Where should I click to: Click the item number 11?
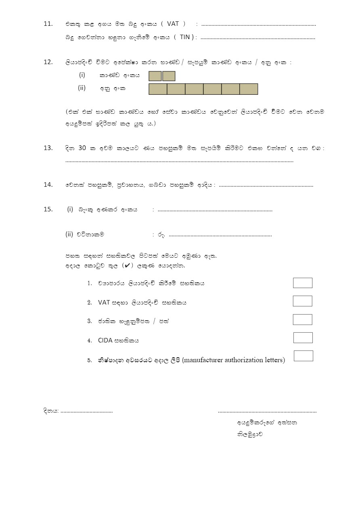click(x=48, y=24)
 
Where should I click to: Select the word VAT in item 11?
click(x=172, y=24)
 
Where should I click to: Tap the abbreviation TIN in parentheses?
click(x=184, y=37)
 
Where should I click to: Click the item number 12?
click(x=48, y=62)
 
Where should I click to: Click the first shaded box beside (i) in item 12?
click(x=155, y=76)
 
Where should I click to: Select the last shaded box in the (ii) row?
click(x=249, y=89)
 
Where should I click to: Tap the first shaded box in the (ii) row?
click(x=158, y=89)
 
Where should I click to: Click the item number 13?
click(x=48, y=148)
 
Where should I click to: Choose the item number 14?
click(x=48, y=185)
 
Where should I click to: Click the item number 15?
click(x=48, y=209)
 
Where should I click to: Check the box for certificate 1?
click(x=303, y=283)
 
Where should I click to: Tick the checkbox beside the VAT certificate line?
click(x=303, y=301)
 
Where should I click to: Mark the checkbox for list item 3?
click(x=303, y=319)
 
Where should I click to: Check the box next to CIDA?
click(x=303, y=338)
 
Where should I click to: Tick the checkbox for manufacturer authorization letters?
click(x=303, y=356)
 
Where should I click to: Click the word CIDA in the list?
click(x=105, y=340)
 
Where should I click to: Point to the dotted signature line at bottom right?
click(x=267, y=412)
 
